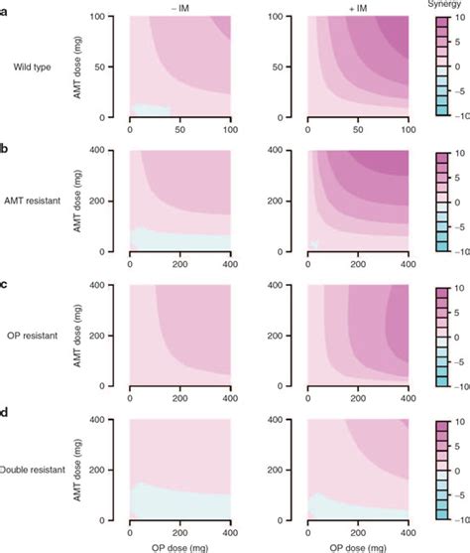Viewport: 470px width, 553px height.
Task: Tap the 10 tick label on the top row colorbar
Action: (x=455, y=21)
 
